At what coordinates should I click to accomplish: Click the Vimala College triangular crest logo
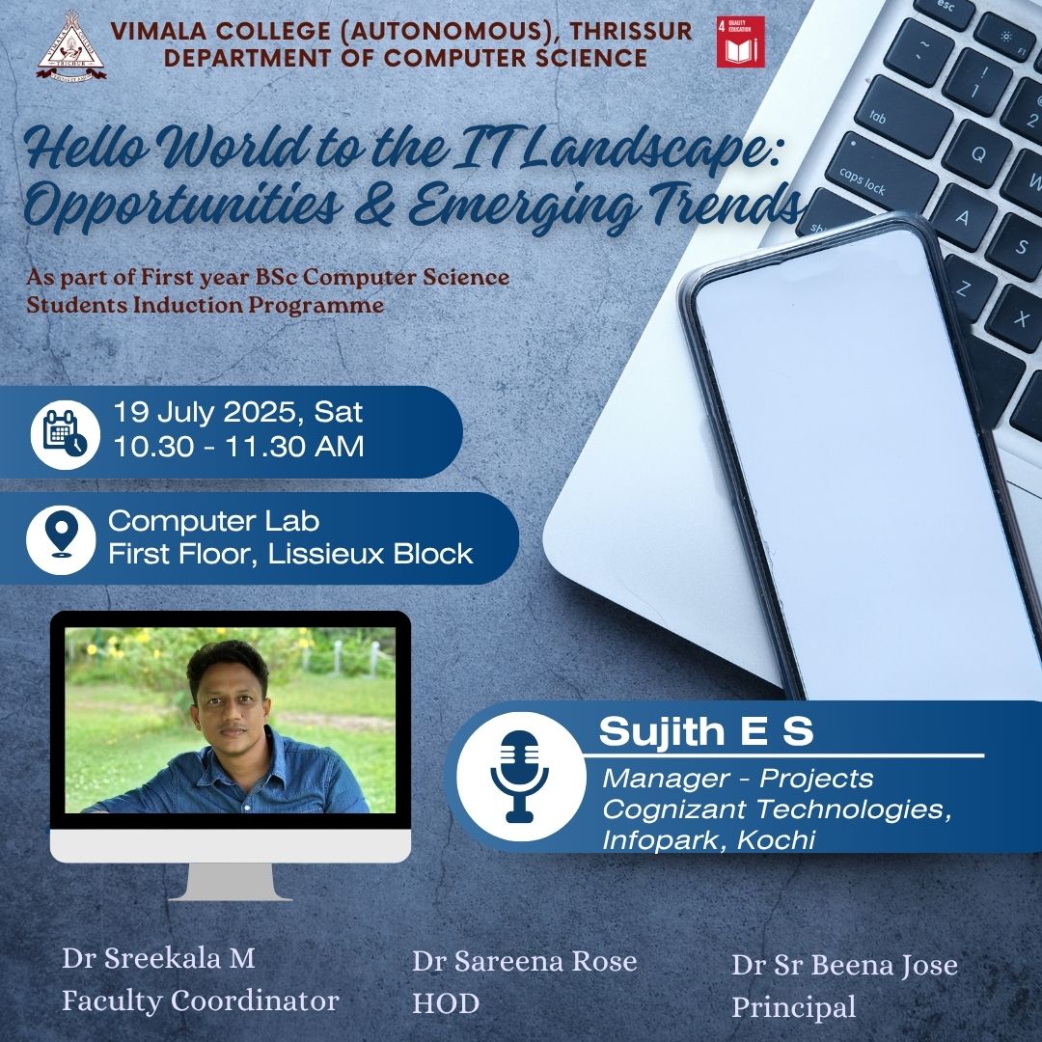[71, 45]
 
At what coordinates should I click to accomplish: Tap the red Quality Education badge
[740, 41]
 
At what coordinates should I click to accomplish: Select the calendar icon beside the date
[66, 434]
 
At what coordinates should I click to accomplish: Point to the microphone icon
[520, 776]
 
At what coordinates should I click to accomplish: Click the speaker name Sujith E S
[705, 731]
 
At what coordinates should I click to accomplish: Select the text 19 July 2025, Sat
[238, 413]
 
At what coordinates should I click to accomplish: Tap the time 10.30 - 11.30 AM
[238, 446]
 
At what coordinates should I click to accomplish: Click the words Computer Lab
[213, 521]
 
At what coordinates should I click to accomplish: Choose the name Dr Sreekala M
[158, 958]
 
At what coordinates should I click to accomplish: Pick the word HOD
[445, 1003]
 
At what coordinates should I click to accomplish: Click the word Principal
[793, 1007]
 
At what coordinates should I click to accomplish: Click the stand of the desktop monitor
[230, 882]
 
